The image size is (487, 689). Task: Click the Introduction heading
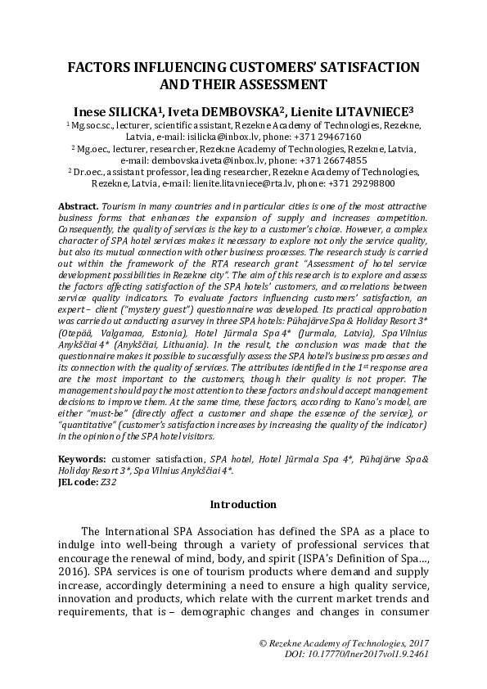pyautogui.click(x=243, y=504)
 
